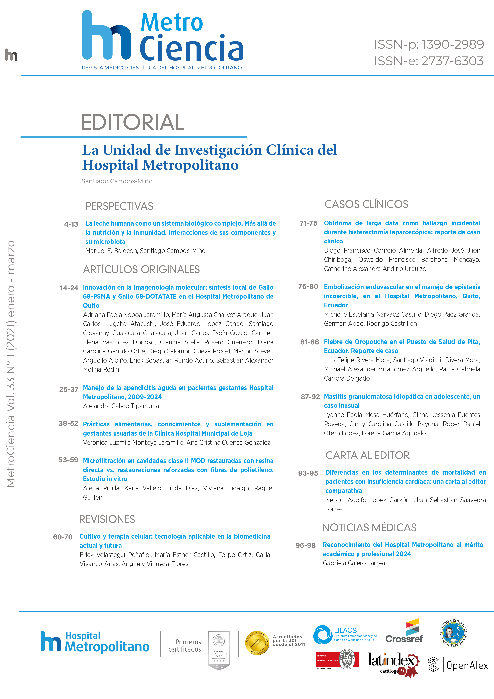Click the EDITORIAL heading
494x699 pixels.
click(133, 122)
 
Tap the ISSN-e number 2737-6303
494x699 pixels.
click(452, 61)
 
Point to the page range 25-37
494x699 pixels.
click(69, 389)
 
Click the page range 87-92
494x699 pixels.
click(310, 397)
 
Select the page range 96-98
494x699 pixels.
click(305, 545)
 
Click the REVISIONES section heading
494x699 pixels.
click(107, 519)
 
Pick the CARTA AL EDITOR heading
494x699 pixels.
click(367, 455)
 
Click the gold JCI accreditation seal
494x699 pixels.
click(257, 643)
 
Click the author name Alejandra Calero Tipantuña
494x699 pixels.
click(121, 406)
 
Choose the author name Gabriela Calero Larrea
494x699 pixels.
click(354, 563)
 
